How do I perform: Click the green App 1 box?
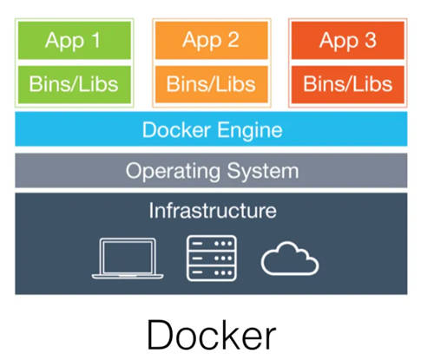tap(75, 40)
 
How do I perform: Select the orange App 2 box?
tap(212, 40)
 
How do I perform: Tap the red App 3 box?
tap(348, 40)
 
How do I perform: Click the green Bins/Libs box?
tap(75, 84)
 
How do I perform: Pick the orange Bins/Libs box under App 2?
tap(212, 84)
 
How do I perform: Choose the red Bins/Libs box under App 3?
tap(348, 84)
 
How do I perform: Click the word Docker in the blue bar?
tap(176, 130)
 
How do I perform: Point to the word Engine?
tap(250, 131)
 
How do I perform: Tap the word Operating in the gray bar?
tap(173, 172)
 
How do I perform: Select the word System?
tap(263, 172)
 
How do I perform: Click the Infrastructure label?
tap(213, 210)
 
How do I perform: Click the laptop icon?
tap(128, 259)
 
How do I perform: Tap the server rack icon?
tap(212, 259)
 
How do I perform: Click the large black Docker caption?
tap(212, 335)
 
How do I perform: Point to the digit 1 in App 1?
tap(95, 40)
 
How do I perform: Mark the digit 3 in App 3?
tap(371, 40)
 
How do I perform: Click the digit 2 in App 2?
tap(233, 40)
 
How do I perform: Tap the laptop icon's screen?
tap(128, 257)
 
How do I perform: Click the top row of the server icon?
tap(212, 244)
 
